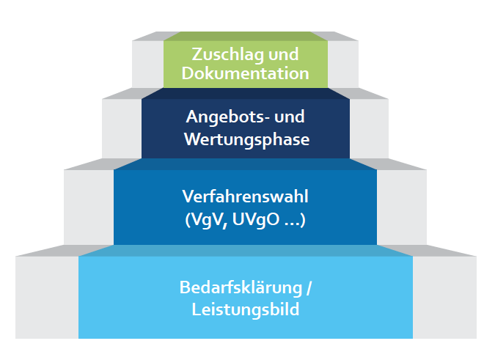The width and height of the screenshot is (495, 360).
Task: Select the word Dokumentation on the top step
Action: pyautogui.click(x=246, y=73)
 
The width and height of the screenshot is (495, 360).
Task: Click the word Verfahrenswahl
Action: pyautogui.click(x=246, y=197)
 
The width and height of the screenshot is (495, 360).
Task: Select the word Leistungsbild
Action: pyautogui.click(x=246, y=309)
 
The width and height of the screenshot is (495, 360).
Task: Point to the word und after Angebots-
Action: pyautogui.click(x=290, y=117)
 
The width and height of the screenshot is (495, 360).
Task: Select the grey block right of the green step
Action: pyautogui.click(x=343, y=62)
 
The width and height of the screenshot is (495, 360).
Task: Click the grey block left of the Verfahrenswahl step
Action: pyautogui.click(x=89, y=207)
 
